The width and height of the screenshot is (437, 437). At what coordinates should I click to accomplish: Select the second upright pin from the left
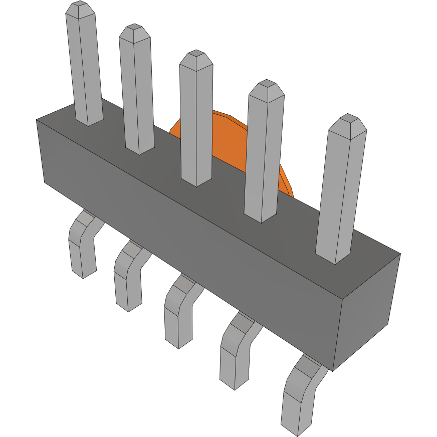tap(137, 90)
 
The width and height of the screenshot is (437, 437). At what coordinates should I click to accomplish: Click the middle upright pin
tap(196, 120)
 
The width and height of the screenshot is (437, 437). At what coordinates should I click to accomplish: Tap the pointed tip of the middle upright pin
tap(195, 57)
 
